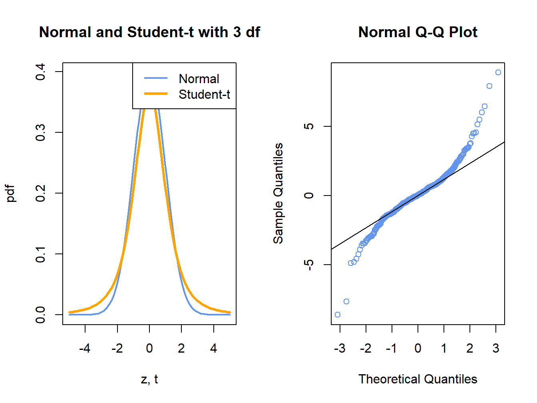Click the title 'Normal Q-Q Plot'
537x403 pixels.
click(x=418, y=32)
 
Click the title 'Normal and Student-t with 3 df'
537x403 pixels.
click(x=149, y=32)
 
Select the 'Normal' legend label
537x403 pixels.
click(x=199, y=79)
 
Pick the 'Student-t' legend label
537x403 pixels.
click(x=204, y=94)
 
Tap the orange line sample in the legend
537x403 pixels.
click(x=156, y=94)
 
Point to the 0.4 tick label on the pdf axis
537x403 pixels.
click(x=40, y=72)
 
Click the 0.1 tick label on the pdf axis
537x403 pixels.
click(x=40, y=254)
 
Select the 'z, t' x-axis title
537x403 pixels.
click(x=149, y=379)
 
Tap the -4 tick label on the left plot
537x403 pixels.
click(x=85, y=349)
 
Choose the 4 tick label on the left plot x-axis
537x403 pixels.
click(x=214, y=349)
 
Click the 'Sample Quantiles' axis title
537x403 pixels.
click(x=278, y=194)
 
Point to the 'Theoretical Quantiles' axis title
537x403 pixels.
click(x=418, y=379)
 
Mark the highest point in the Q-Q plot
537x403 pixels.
click(x=498, y=72)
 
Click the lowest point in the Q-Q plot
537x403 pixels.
click(x=338, y=315)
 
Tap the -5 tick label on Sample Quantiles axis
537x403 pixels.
click(x=308, y=265)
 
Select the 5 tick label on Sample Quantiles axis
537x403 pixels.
click(x=308, y=126)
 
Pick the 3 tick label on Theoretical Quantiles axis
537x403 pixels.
click(x=496, y=349)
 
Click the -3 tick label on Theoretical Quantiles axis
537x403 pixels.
click(x=340, y=349)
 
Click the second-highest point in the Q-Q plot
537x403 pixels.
click(x=489, y=86)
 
